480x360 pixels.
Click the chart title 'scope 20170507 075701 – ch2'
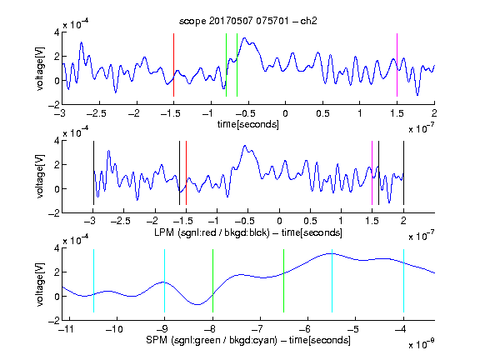[x=248, y=21]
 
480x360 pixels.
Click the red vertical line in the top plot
[x=173, y=65]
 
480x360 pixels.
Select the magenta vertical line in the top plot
[x=397, y=65]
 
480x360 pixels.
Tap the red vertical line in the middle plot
[x=186, y=173]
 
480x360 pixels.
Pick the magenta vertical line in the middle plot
[x=372, y=173]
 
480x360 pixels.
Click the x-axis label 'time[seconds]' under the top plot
[x=248, y=124]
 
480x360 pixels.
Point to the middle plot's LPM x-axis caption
[x=248, y=232]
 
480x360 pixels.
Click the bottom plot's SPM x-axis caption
[x=248, y=340]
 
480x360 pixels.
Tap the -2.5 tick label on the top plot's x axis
[x=97, y=113]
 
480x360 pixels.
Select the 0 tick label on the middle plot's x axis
[x=279, y=221]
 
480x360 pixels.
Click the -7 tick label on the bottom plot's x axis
[x=260, y=329]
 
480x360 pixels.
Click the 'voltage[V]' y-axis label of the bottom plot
[x=40, y=284]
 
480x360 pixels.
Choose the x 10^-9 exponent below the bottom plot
[x=422, y=344]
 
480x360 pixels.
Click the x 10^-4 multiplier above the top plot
[x=76, y=24]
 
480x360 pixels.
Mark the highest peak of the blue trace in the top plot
[x=244, y=38]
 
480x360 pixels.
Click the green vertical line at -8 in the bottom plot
[x=212, y=281]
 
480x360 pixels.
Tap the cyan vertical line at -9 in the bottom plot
[x=164, y=281]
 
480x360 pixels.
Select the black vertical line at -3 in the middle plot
[x=93, y=173]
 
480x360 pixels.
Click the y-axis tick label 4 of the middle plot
[x=57, y=141]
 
